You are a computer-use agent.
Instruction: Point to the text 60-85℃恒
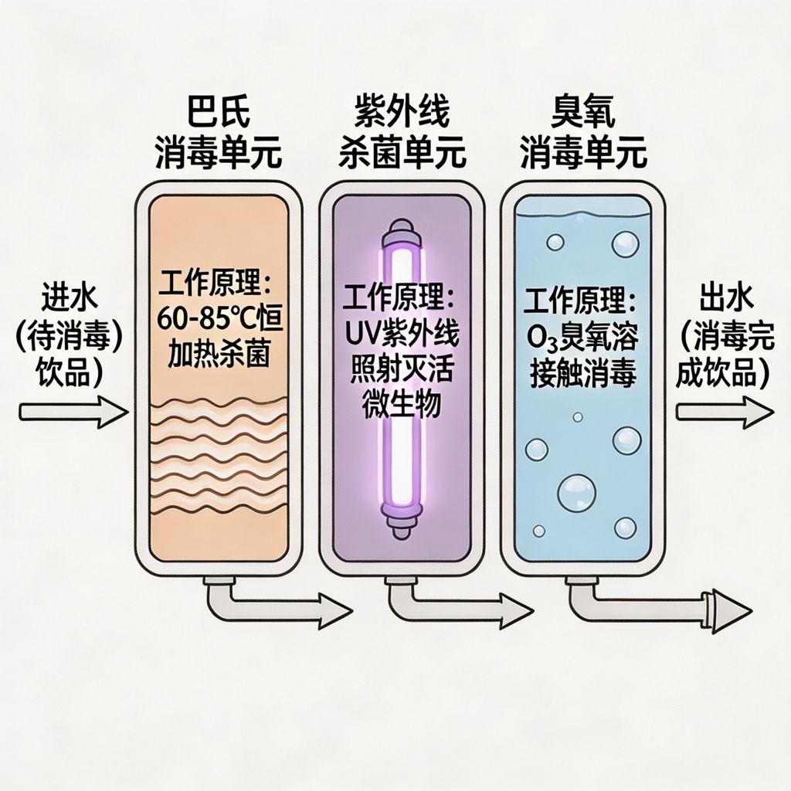tap(219, 317)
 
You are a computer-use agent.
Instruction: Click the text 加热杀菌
tap(219, 351)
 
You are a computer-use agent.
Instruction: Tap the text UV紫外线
tap(402, 334)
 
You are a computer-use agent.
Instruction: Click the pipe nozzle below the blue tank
tap(718, 600)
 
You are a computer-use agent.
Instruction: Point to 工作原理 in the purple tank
tap(402, 298)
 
